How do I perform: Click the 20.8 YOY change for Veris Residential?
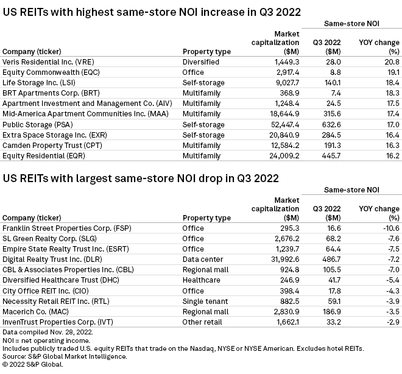tap(391, 62)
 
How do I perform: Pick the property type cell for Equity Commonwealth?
tap(195, 72)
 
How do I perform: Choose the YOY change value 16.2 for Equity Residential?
tap(391, 155)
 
